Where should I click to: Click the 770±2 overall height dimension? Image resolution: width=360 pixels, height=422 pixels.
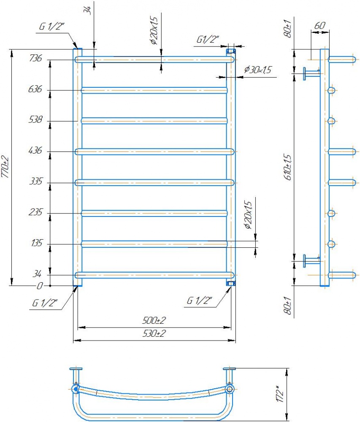coord(5,167)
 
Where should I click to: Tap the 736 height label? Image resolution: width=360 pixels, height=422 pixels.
coord(35,58)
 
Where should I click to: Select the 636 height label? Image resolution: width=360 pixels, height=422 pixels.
coord(35,89)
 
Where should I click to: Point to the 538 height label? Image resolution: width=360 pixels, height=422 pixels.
coord(35,119)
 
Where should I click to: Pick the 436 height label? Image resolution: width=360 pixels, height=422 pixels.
coord(35,150)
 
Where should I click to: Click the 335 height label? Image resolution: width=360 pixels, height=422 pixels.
coord(36,181)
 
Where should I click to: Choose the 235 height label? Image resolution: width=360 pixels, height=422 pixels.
coord(35,212)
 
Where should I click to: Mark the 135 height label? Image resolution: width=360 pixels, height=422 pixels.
coord(37,243)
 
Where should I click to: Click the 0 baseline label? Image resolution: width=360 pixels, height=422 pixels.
coord(40,286)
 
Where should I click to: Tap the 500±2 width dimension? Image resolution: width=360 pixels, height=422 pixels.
coord(154,320)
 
